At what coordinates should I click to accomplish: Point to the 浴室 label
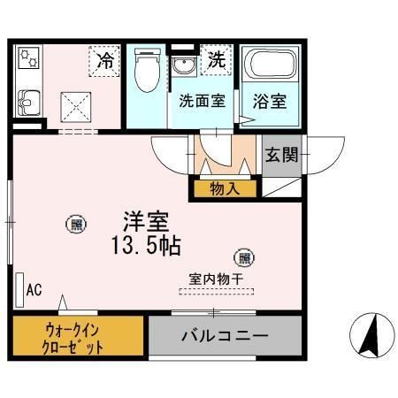(x=271, y=101)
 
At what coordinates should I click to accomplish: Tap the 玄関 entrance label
(x=281, y=156)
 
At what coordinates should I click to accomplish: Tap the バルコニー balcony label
(x=225, y=337)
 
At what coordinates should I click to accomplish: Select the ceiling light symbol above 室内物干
(x=243, y=257)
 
